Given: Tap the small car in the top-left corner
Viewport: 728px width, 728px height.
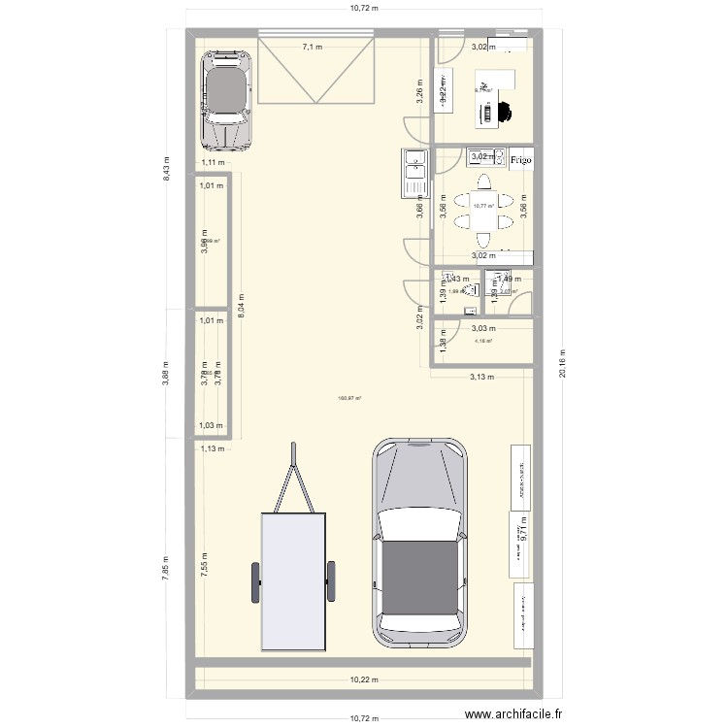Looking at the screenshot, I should coord(227,97).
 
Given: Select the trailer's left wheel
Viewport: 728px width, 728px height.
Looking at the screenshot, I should coord(257,582).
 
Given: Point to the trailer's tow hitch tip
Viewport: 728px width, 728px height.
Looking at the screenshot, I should coord(293,447).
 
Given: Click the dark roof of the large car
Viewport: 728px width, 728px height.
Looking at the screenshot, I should coord(420,577).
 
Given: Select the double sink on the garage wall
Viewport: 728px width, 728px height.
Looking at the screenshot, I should coord(414,172).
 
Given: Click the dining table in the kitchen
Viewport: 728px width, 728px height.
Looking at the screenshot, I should coord(482,205).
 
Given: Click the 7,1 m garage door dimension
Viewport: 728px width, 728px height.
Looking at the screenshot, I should coord(313,46).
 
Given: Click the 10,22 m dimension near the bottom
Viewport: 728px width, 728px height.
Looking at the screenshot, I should coord(364,680).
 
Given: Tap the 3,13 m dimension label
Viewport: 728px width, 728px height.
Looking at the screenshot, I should coord(481,377).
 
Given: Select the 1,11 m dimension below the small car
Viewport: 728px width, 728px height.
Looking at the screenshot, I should coord(212,163).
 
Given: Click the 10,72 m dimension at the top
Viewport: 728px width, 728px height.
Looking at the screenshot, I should coord(364,8).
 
